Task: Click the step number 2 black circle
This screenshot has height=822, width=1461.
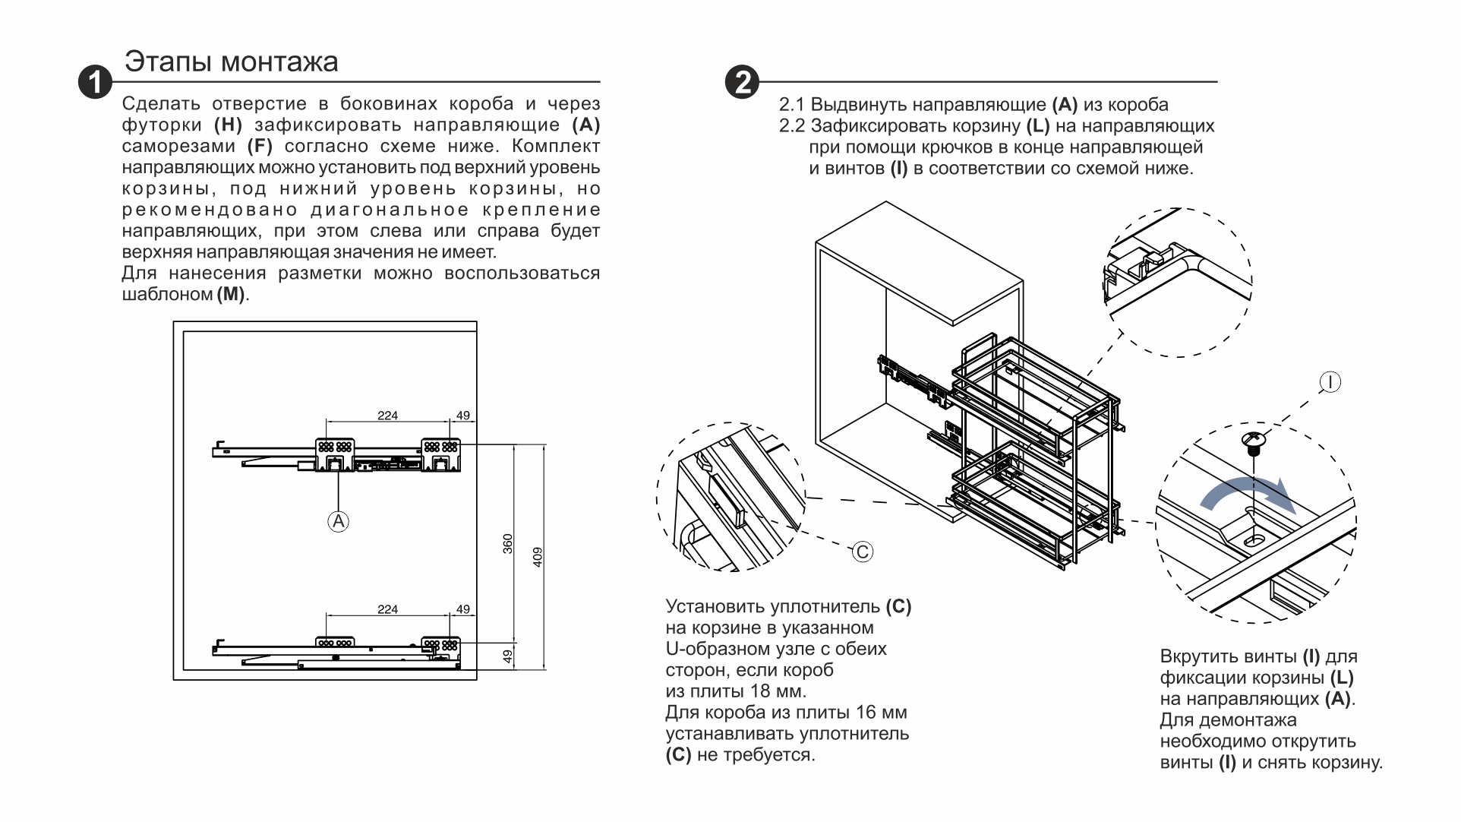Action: tap(742, 82)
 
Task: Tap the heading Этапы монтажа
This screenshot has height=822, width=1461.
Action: tap(232, 62)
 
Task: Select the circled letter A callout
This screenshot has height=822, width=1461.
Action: tap(338, 521)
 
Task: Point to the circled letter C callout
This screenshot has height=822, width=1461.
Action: tap(862, 552)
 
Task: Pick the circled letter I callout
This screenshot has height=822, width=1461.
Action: tap(1330, 381)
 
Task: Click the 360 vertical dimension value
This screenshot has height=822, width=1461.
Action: tap(508, 544)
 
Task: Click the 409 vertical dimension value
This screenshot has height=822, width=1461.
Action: tap(538, 558)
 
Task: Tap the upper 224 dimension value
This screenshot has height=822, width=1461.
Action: tap(387, 416)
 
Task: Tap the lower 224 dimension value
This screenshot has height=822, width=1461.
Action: tap(387, 609)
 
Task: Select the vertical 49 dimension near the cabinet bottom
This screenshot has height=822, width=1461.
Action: tap(508, 656)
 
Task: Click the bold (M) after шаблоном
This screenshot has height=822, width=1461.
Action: tap(231, 295)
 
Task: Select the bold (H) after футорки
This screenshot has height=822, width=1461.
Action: tap(228, 125)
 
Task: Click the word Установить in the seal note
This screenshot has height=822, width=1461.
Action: tap(714, 607)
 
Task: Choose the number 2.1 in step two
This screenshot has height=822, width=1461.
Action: tap(792, 105)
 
